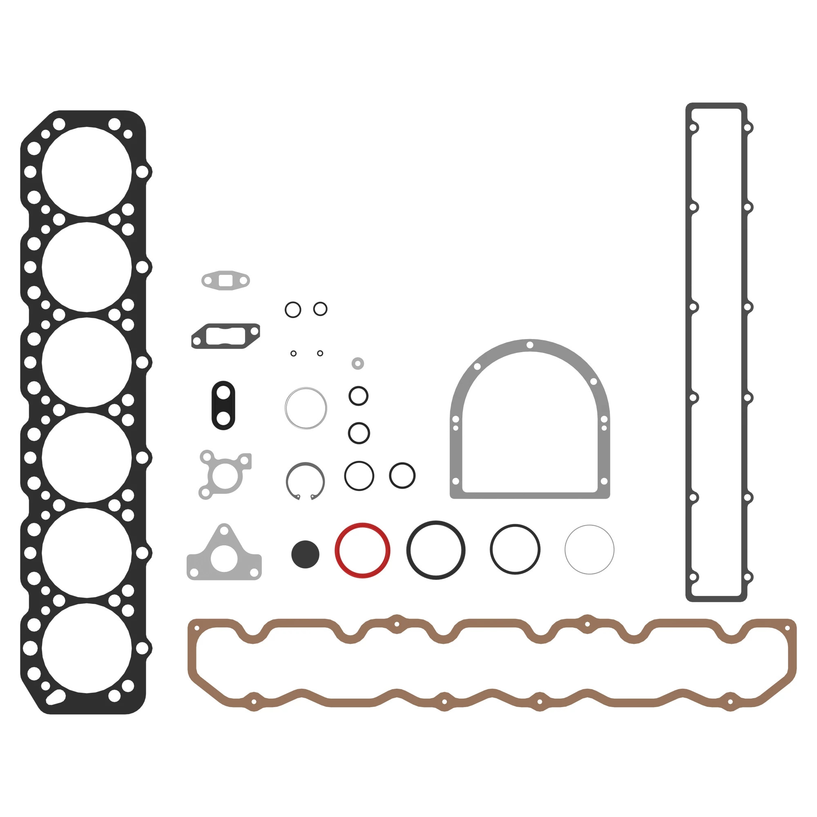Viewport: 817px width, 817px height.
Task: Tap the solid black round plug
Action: point(305,554)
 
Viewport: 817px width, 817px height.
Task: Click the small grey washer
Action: point(358,363)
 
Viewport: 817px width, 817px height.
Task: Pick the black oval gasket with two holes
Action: point(223,406)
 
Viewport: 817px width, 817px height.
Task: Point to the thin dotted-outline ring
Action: point(589,526)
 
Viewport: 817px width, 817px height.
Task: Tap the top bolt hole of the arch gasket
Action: point(530,345)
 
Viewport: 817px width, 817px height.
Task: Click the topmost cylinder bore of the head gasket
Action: point(87,172)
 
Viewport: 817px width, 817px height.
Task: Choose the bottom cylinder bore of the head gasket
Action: point(87,648)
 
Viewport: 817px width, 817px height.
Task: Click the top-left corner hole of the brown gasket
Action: point(196,628)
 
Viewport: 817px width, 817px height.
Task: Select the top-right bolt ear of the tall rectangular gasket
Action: point(747,127)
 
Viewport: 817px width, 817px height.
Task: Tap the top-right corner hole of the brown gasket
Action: point(788,628)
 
